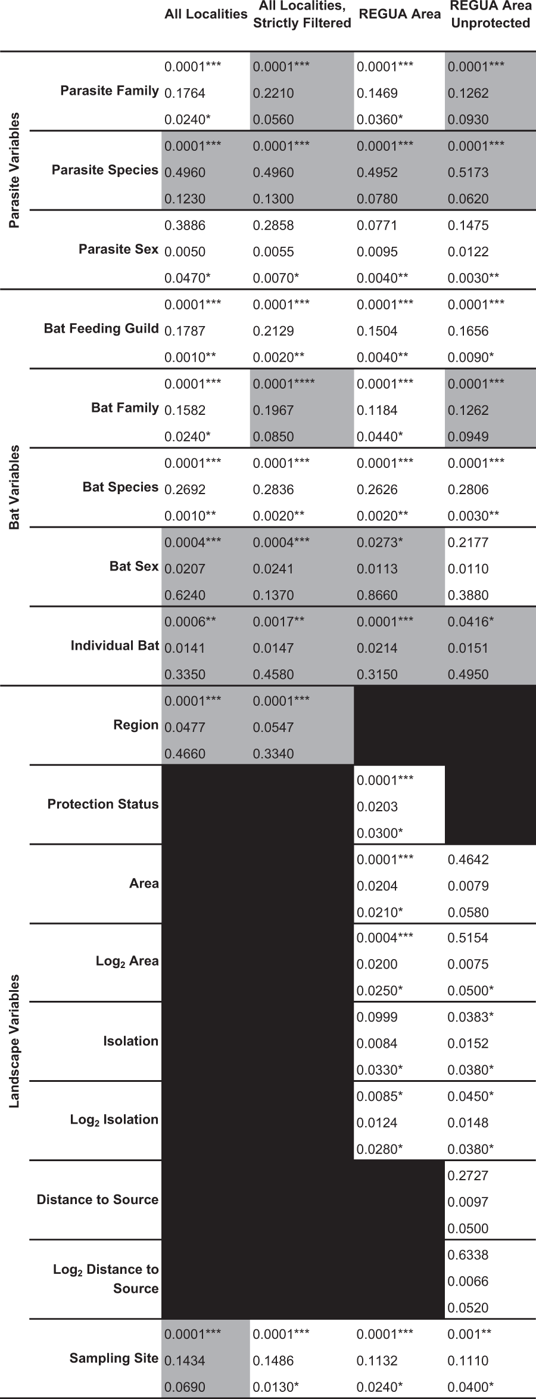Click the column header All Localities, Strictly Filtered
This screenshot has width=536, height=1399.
[x=302, y=15]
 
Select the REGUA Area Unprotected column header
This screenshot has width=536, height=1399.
[x=490, y=15]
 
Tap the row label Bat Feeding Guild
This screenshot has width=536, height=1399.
[x=101, y=328]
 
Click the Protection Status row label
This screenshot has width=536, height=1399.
[x=103, y=804]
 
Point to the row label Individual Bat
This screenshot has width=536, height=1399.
[x=115, y=646]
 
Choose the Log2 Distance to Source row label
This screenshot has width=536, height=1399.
[x=106, y=1279]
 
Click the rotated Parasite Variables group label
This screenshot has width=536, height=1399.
[x=14, y=170]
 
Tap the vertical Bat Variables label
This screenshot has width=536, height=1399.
[x=14, y=487]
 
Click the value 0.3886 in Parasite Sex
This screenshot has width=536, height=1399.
[x=185, y=225]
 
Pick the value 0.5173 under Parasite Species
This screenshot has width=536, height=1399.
[x=468, y=173]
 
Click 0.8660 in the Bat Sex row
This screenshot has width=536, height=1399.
[x=377, y=595]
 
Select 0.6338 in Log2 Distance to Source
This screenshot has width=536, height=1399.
[x=468, y=1255]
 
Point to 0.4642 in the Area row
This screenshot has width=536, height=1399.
[x=468, y=860]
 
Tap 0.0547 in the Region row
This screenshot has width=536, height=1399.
[x=273, y=727]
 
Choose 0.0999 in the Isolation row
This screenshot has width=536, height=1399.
[x=377, y=1017]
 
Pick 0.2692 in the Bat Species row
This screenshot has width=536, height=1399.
[x=185, y=489]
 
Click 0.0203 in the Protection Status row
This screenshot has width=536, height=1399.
[x=377, y=806]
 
